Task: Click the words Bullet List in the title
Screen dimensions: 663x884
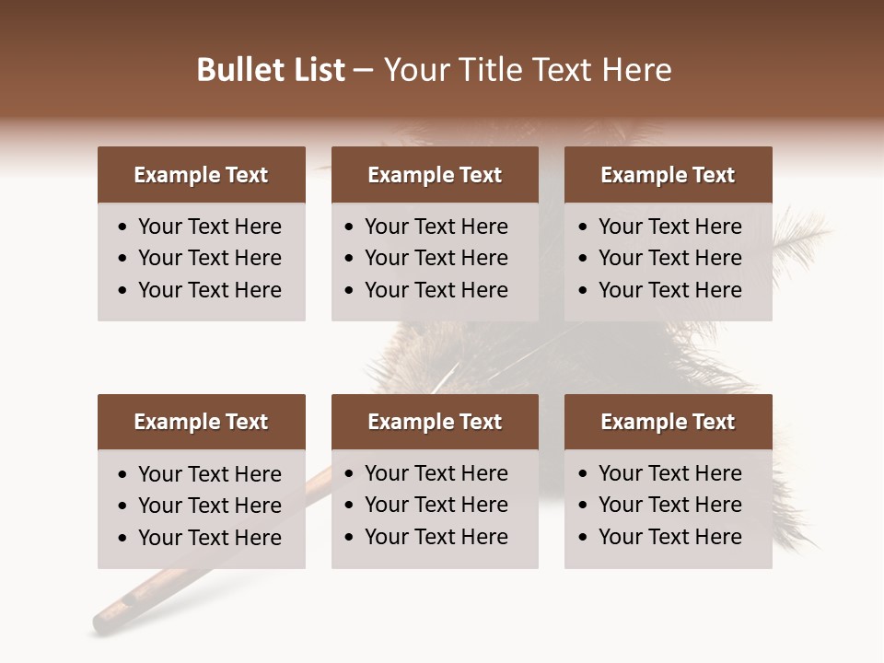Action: [271, 70]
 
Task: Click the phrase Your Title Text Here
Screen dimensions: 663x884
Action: [528, 70]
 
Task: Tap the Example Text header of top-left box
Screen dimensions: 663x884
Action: [201, 175]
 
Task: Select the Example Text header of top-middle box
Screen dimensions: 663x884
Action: [435, 175]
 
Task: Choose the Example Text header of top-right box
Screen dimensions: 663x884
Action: [668, 175]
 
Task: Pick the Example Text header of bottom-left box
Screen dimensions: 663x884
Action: [201, 422]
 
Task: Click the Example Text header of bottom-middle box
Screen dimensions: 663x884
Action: [435, 422]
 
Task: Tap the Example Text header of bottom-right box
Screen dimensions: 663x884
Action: [668, 422]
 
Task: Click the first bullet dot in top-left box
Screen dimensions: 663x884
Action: [123, 227]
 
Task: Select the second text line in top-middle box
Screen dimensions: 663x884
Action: [436, 258]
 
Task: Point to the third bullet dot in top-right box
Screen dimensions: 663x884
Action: [584, 291]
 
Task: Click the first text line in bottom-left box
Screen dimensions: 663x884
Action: [209, 474]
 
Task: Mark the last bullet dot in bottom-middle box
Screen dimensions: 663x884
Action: [350, 538]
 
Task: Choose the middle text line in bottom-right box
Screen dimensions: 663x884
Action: [669, 505]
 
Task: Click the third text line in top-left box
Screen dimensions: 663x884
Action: [209, 290]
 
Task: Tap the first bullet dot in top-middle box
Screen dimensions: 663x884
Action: [350, 227]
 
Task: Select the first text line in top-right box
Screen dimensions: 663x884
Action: [669, 227]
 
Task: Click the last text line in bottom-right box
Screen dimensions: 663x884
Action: [669, 537]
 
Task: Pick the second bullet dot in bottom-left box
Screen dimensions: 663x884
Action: [123, 506]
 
